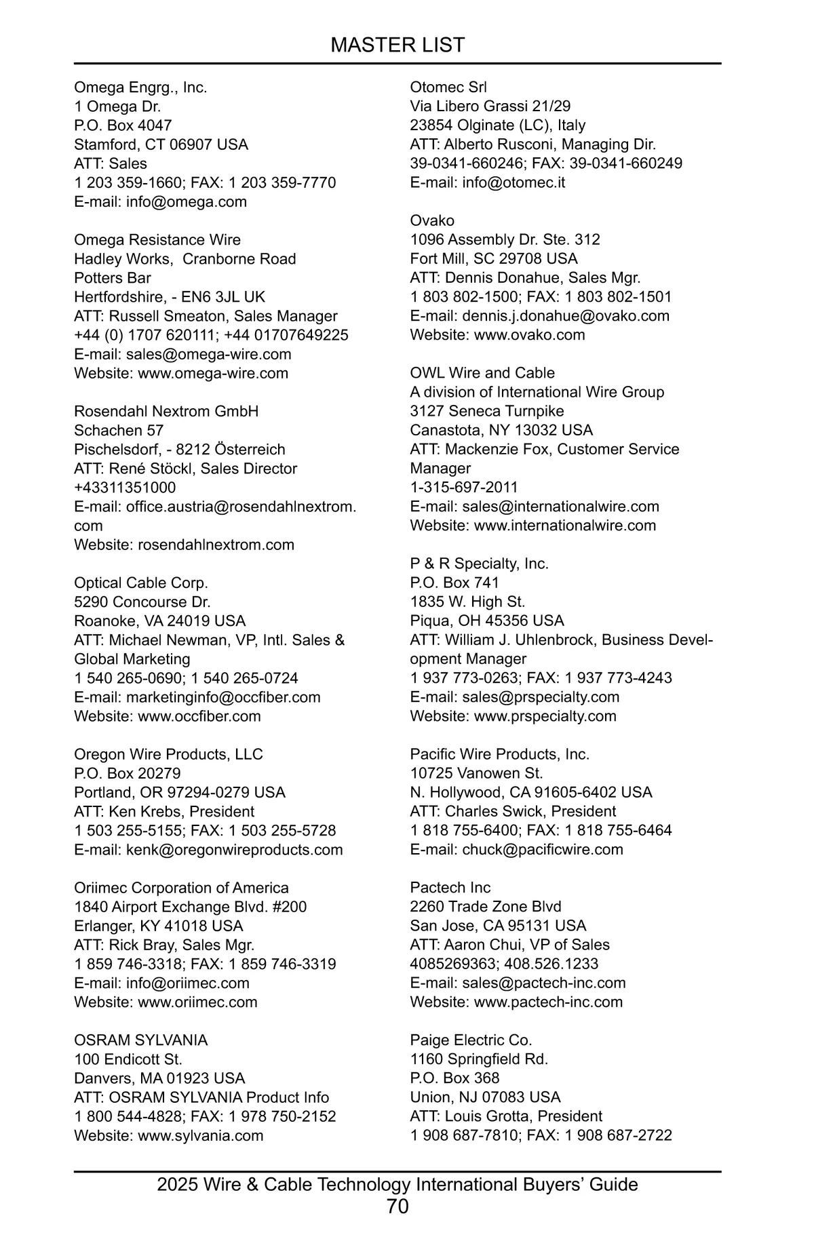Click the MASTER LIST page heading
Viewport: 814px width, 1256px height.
click(398, 45)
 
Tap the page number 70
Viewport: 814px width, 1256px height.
click(398, 1206)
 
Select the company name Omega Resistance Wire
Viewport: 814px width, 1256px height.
click(157, 240)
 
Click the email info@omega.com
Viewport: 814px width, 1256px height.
click(187, 202)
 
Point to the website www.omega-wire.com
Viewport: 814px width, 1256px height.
click(213, 374)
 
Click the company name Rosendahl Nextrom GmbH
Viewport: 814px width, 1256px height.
click(166, 412)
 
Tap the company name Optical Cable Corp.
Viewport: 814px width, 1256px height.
click(141, 583)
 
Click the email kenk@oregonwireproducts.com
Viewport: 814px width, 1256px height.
click(235, 850)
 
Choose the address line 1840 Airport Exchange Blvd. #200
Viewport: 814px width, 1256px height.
click(191, 907)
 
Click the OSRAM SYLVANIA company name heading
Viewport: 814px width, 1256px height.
click(141, 1040)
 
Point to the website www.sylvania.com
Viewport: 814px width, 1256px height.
click(201, 1136)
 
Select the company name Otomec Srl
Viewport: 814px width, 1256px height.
click(448, 87)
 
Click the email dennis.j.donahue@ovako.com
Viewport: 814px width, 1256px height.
click(566, 316)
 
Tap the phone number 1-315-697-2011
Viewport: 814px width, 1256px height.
click(464, 488)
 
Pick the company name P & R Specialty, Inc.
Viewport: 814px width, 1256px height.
click(480, 564)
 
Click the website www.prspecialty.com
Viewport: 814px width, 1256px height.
click(545, 716)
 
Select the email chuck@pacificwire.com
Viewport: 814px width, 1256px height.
click(543, 850)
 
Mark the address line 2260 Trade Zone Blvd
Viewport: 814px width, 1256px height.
click(486, 907)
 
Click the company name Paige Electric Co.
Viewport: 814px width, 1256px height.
click(471, 1040)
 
